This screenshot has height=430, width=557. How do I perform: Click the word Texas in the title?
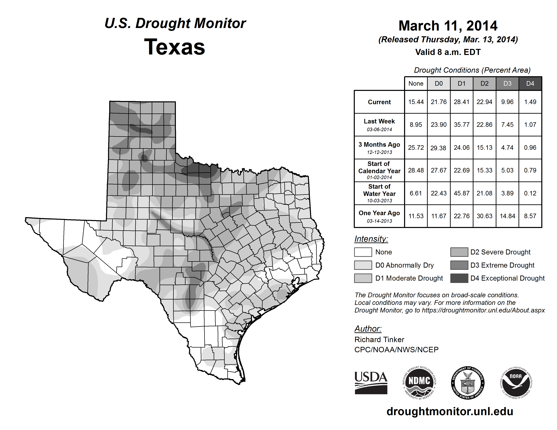[x=175, y=47]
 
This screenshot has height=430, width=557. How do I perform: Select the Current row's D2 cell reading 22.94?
[x=484, y=102]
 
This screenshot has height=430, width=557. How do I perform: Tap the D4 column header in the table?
[x=530, y=83]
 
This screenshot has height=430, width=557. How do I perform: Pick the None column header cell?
[x=416, y=83]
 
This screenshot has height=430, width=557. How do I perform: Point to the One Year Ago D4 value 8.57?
[x=530, y=216]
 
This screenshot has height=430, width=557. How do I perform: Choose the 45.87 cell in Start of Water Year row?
[x=461, y=193]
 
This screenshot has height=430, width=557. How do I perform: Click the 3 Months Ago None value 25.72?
[x=416, y=148]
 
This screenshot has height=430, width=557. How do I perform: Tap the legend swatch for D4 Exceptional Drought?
[x=459, y=278]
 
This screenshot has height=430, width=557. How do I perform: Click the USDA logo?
[x=371, y=383]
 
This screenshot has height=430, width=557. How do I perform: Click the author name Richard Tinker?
[x=379, y=340]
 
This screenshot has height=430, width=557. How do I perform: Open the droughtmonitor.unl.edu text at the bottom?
[x=450, y=412]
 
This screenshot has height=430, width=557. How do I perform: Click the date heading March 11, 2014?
[x=448, y=26]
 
